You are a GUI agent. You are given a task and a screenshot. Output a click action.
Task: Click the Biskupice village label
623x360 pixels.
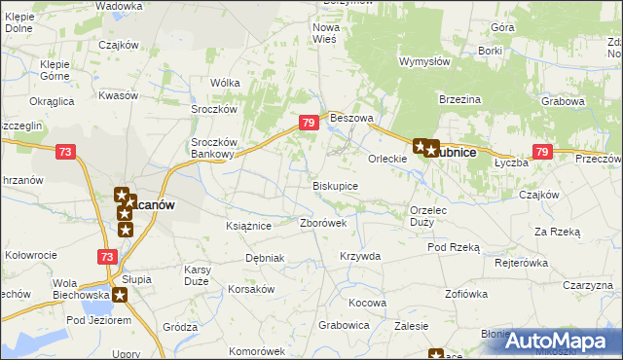tap(335, 185)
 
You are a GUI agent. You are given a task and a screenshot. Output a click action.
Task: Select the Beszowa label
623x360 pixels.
tap(351, 118)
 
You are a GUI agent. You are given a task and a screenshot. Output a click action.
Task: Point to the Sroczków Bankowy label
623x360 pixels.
tap(211, 146)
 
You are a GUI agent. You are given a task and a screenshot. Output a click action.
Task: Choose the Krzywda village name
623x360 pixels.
tap(359, 256)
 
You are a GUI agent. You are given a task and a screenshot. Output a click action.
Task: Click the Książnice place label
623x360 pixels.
tap(247, 225)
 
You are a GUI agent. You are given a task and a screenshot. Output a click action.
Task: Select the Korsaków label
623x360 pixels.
tap(252, 290)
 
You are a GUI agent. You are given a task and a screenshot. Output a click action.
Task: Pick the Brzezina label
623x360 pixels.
tap(461, 99)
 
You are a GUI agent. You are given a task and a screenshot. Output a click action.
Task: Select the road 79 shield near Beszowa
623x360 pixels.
tap(308, 123)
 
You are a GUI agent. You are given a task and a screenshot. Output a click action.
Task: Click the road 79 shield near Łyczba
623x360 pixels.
tap(543, 152)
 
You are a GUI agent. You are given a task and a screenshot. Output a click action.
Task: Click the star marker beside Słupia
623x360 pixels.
tap(120, 295)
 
